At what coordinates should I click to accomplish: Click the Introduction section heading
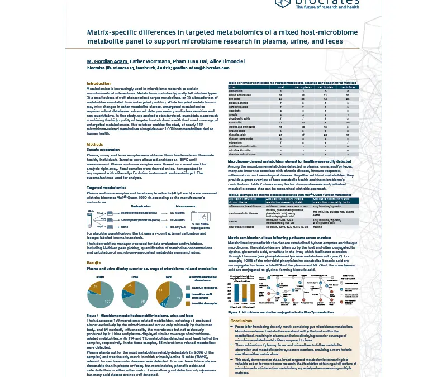(99, 83)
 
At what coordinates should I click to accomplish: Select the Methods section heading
(94, 145)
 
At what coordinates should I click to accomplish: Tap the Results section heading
(93, 263)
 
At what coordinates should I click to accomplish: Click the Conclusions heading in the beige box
(241, 321)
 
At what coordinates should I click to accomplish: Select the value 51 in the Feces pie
(161, 290)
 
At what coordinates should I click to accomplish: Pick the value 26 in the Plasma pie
(96, 286)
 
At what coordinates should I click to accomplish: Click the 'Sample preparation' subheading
(103, 150)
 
